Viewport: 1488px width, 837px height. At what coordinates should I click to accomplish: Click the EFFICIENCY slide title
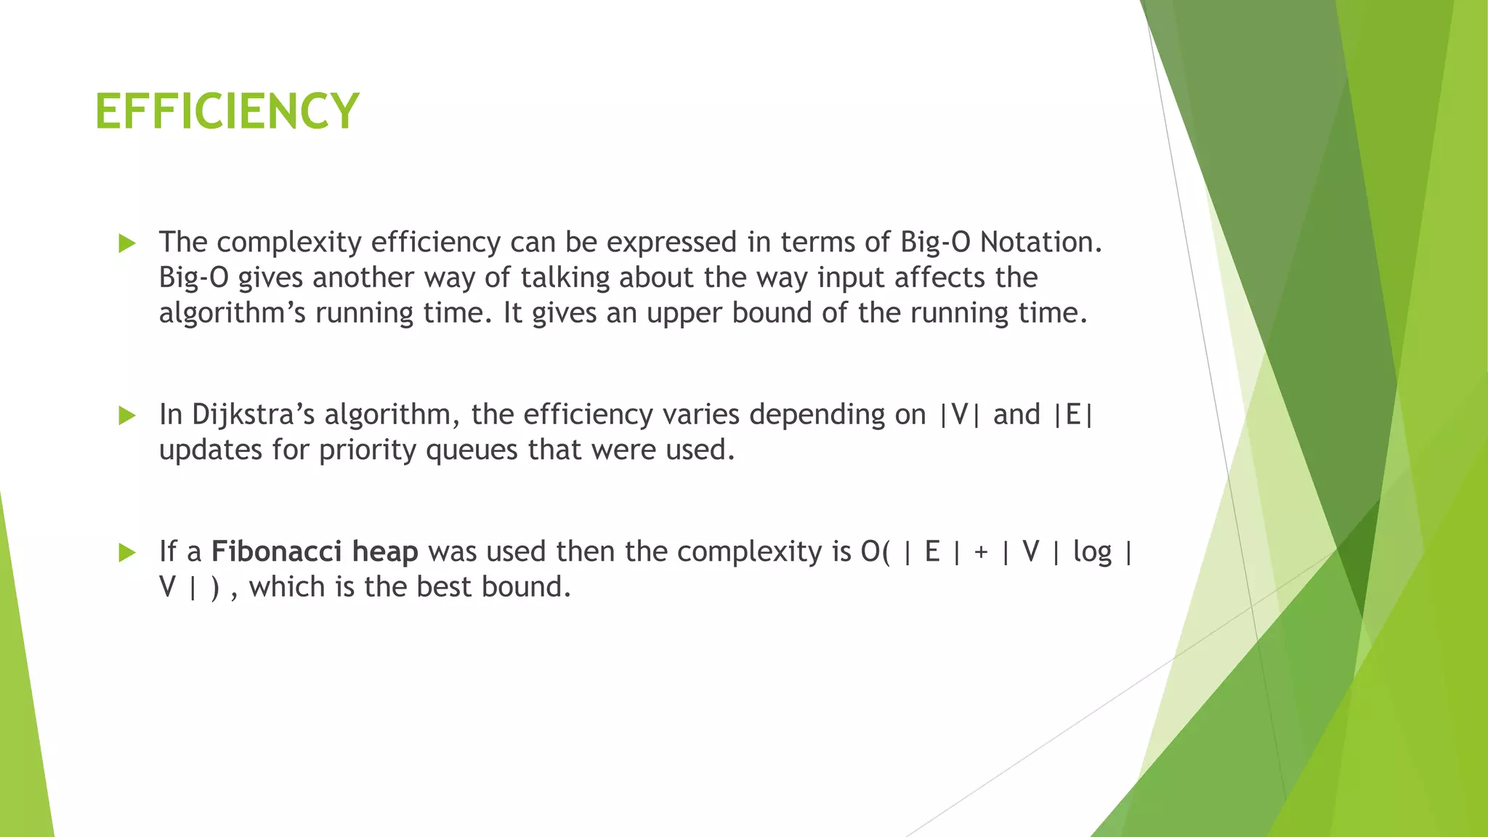pyautogui.click(x=227, y=111)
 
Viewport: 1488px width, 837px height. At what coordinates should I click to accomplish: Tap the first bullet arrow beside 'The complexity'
pyautogui.click(x=127, y=243)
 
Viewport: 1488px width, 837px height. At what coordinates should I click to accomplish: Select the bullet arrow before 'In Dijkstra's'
pyautogui.click(x=127, y=416)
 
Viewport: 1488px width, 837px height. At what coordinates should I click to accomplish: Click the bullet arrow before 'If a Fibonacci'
pyautogui.click(x=127, y=553)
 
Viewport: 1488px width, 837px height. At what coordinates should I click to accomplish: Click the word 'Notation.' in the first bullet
pyautogui.click(x=1040, y=242)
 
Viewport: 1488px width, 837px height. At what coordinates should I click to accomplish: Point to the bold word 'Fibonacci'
pyautogui.click(x=276, y=551)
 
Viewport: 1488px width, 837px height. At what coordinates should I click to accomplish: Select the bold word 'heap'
pyautogui.click(x=384, y=551)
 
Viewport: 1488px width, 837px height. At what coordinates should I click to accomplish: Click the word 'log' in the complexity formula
pyautogui.click(x=1092, y=551)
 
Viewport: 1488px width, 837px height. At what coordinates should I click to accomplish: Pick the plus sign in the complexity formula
pyautogui.click(x=981, y=552)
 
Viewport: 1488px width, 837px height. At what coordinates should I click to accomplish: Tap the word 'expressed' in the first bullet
pyautogui.click(x=671, y=242)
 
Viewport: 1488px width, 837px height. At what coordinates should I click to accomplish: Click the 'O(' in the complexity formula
pyautogui.click(x=874, y=552)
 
